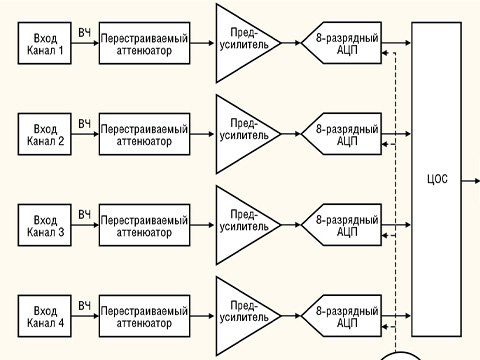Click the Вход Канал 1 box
point(46,44)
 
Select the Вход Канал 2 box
point(46,135)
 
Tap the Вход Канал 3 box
point(46,225)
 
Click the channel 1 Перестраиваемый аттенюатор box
point(143,44)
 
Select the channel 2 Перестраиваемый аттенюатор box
point(143,135)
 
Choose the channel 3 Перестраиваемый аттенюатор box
point(143,225)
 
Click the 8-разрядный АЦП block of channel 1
point(343,44)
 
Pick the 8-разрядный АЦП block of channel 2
point(343,135)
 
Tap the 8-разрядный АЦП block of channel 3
point(343,225)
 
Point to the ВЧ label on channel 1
point(85,34)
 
